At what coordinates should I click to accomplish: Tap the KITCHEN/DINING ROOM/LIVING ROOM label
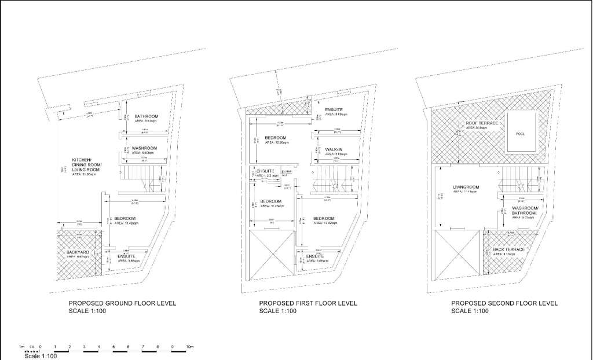tap(86, 164)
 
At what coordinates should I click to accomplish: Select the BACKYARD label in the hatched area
tap(70, 253)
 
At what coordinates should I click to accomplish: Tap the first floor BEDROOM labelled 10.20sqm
tap(270, 201)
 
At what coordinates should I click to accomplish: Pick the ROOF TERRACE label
tap(481, 123)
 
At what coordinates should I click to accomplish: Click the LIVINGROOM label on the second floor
tap(466, 187)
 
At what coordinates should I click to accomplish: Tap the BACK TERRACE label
tap(508, 249)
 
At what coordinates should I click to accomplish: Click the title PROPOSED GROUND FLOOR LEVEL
tap(122, 303)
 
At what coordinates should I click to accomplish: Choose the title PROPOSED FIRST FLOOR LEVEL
tap(308, 303)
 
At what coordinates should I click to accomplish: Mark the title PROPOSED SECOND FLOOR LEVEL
tap(504, 303)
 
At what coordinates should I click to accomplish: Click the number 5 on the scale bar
tap(114, 347)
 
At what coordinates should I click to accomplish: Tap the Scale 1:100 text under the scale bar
tap(41, 356)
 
